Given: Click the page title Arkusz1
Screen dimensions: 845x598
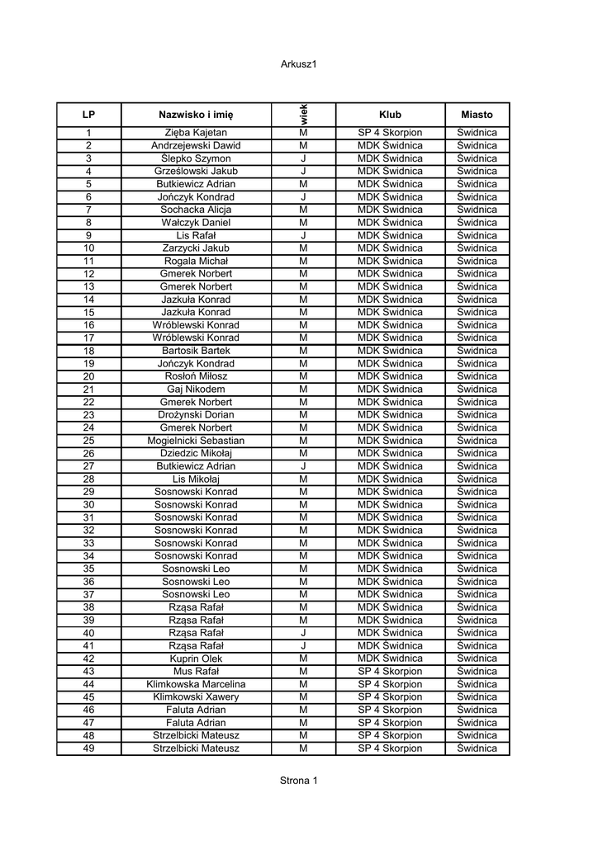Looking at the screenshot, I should coord(298,64).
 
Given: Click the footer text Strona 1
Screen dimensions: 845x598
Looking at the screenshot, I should coord(298,781).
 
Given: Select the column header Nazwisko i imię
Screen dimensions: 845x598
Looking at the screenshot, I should coord(196,115).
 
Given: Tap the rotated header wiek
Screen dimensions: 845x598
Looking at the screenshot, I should coord(303,114).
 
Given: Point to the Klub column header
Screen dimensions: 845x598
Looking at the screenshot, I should coord(390,115).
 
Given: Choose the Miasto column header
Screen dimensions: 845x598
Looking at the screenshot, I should coord(477,115).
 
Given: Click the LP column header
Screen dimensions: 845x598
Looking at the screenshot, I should coord(89,115).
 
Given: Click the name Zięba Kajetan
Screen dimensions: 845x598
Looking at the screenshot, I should coord(196,133).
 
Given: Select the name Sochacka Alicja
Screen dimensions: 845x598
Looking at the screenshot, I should coord(196,210).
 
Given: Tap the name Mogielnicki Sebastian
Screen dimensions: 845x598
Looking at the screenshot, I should coord(196,441).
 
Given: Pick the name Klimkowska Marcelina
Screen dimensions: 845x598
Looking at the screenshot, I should coord(196,684).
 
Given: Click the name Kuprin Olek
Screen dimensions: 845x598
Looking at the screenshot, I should coord(196,659).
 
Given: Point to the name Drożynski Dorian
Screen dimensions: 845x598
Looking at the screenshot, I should coord(196,415).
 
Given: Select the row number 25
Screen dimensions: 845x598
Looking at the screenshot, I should coord(89,441).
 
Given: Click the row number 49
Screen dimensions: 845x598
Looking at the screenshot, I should coord(89,748).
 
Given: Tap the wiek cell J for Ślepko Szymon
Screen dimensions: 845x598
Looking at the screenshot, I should coord(303,158).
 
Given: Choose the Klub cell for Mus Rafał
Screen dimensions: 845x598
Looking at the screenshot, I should coord(390,672).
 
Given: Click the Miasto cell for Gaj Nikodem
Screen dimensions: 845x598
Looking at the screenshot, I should coord(477,389).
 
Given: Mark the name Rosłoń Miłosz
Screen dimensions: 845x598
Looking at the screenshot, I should coord(196,376).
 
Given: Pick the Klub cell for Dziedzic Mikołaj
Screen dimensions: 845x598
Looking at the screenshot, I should coord(390,453).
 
